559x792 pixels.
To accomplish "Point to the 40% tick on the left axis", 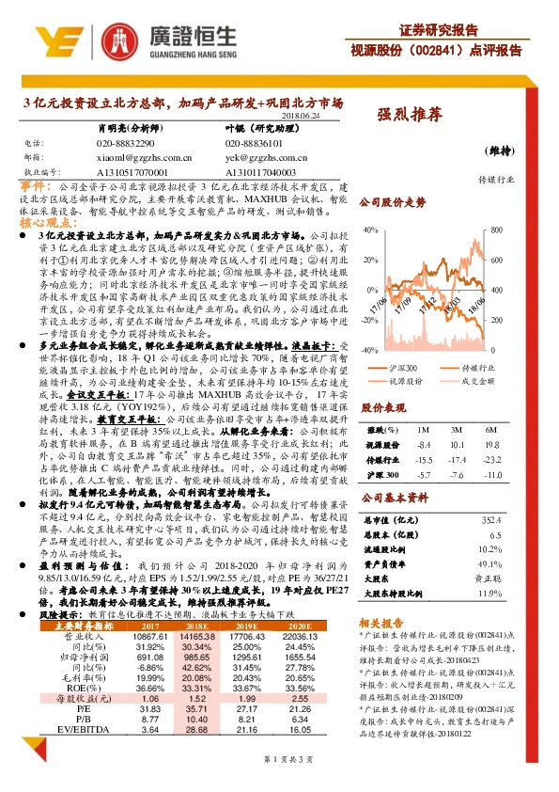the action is (373, 230).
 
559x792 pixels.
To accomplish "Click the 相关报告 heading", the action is (381, 621).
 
